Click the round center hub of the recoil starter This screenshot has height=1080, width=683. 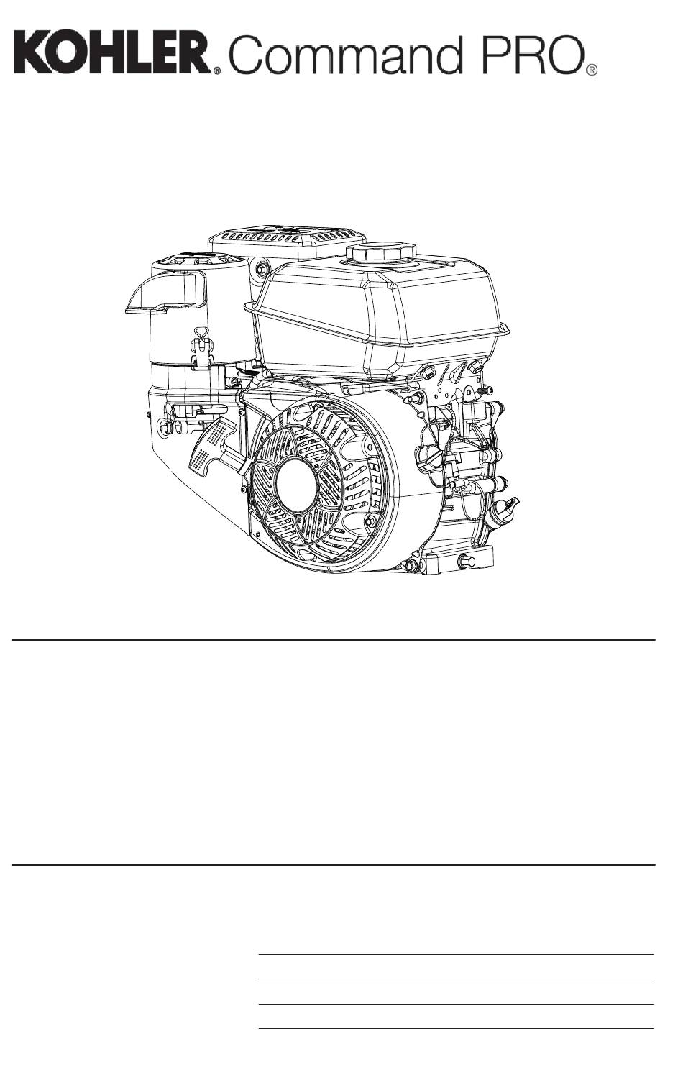click(x=296, y=485)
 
